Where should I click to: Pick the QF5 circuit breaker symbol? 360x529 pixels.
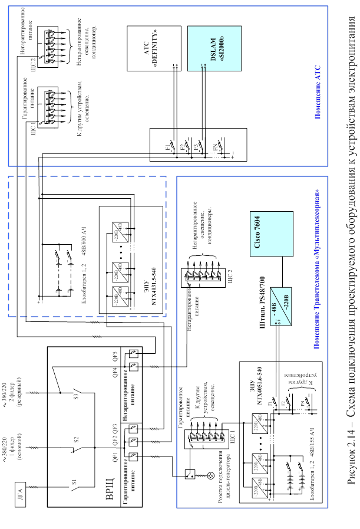136,356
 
